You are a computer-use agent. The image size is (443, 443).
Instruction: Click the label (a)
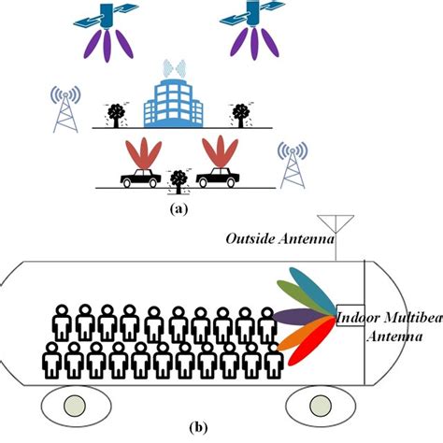[177, 209]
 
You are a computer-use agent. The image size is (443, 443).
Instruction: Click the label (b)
[199, 429]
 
